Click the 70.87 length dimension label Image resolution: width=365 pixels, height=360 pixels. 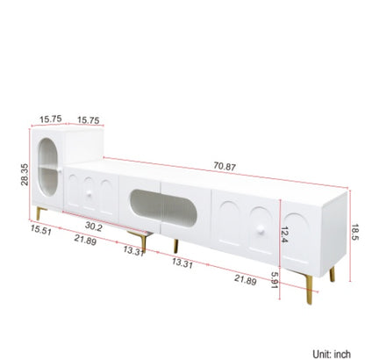coord(225,166)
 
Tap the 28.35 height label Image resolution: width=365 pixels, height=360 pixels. coord(25,175)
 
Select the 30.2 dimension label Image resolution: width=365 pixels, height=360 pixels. coord(94,227)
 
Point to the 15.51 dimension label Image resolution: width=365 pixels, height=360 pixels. coord(41,230)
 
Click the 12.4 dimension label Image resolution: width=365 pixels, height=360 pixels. coord(284,234)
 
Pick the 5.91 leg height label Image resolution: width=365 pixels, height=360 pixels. coord(274,280)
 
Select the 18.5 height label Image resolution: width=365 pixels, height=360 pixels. coord(354,233)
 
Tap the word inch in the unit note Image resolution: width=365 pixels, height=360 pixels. coord(342,354)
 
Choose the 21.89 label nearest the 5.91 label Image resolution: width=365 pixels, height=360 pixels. coord(246,280)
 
